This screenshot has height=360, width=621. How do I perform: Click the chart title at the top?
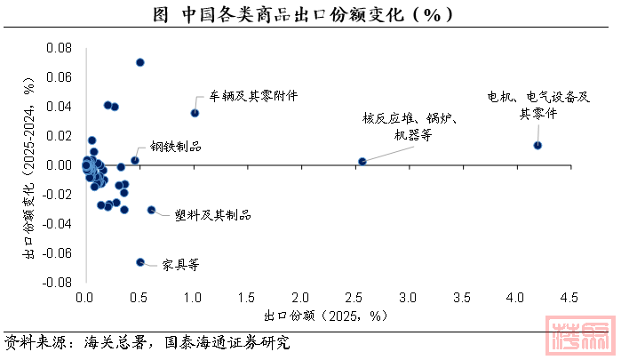pos(310,14)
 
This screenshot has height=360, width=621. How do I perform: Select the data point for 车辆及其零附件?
pos(195,113)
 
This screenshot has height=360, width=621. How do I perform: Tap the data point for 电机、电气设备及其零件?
pos(537,145)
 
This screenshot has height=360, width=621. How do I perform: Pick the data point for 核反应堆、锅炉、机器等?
pos(362,161)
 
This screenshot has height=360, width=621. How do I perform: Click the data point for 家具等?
pos(140,261)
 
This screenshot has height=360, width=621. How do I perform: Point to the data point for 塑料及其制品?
pos(151,210)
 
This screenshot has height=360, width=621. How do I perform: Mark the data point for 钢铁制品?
pos(135,160)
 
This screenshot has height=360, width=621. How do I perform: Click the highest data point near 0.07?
pos(140,62)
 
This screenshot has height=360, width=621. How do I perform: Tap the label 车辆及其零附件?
pos(253,95)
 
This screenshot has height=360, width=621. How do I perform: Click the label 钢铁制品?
pos(175,146)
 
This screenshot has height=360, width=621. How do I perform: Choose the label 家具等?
pos(181,264)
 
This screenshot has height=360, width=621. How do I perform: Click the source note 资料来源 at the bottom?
pos(147,341)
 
